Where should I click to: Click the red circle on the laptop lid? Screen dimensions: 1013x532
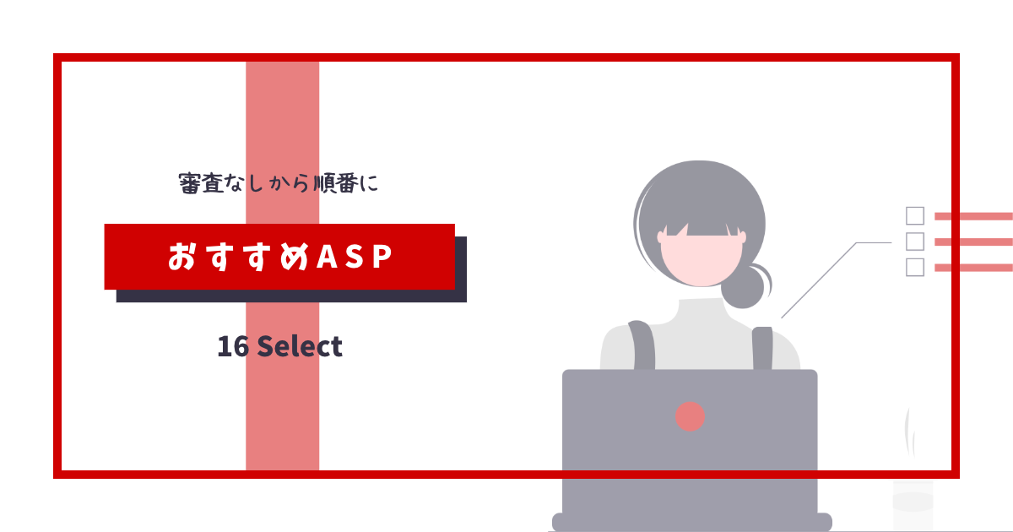coord(690,416)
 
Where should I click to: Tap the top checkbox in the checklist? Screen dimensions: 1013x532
coord(915,216)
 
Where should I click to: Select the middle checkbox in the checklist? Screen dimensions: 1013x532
coord(915,242)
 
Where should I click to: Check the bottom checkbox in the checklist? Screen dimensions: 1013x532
coord(915,268)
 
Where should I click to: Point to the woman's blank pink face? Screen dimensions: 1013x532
coord(702,260)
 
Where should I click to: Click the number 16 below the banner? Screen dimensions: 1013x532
coord(233,347)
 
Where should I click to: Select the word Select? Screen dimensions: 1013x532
coord(300,347)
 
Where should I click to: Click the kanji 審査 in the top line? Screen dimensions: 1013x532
coord(201,183)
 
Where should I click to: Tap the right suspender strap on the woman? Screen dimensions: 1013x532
coord(762,348)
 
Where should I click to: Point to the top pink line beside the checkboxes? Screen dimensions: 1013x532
coord(973,216)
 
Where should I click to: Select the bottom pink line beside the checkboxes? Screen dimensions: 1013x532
coord(973,268)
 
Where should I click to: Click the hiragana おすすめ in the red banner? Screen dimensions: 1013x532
coord(238,257)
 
